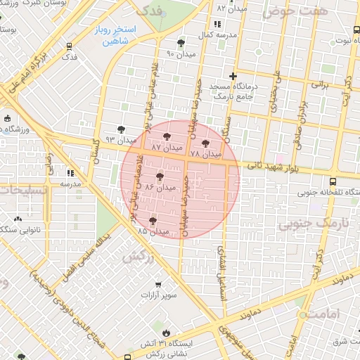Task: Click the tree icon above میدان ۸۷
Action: [167, 137]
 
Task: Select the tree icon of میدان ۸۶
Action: [160, 176]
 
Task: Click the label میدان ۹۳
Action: [120, 140]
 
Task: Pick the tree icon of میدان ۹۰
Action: [182, 43]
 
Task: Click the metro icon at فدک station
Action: [69, 46]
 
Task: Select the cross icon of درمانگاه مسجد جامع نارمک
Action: [233, 76]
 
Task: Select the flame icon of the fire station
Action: [165, 333]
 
